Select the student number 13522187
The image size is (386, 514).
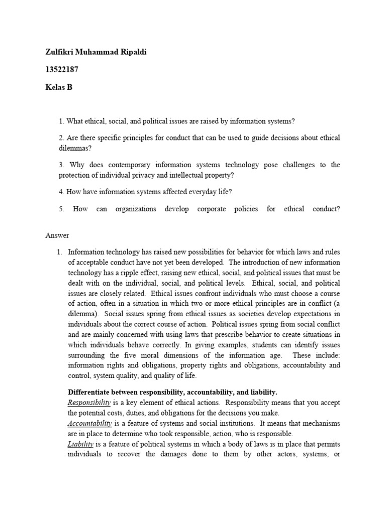[62, 70]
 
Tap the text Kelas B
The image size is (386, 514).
[59, 87]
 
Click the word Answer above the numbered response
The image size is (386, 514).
[57, 235]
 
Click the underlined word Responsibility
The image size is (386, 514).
[89, 403]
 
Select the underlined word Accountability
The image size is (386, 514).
[90, 423]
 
